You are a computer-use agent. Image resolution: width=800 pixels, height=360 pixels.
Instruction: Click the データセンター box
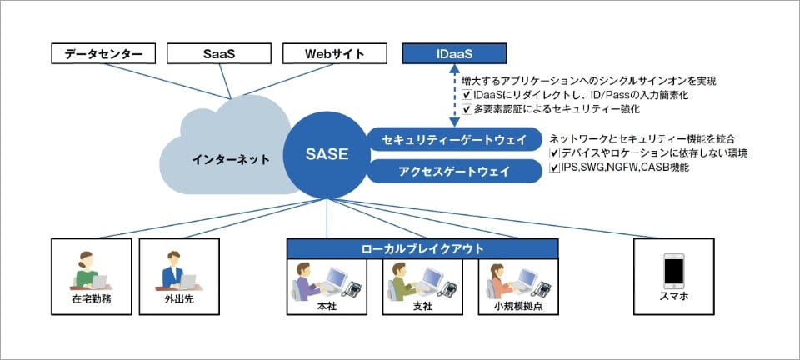point(103,54)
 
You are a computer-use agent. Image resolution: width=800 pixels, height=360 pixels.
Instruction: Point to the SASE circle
point(327,154)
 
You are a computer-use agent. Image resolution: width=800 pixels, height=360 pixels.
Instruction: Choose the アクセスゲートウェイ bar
point(454,172)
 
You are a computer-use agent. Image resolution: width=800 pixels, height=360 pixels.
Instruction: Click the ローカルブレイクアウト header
point(422,248)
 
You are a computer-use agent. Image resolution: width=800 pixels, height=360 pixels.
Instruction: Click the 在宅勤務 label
point(92,299)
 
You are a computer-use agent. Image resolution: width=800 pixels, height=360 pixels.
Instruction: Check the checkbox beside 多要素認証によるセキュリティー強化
point(466,108)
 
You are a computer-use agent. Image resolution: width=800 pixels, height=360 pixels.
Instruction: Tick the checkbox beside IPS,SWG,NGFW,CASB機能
point(555,167)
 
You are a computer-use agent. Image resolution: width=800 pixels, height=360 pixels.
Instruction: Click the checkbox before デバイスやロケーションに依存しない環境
point(555,153)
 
